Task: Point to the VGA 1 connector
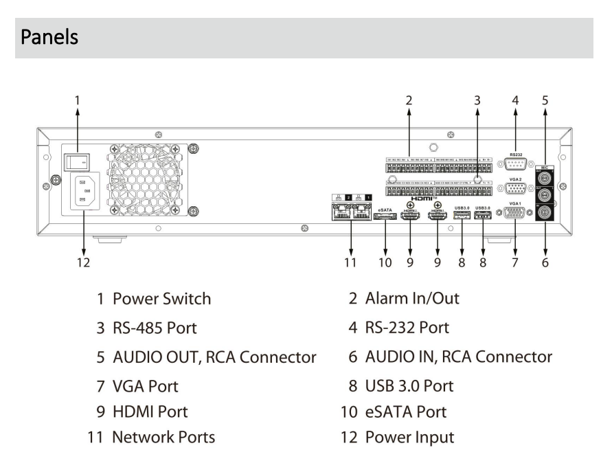coord(515,214)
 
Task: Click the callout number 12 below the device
coord(83,261)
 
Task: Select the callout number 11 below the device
coord(351,261)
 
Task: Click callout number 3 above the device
coord(477,100)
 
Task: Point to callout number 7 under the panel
coord(514,261)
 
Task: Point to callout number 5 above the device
coord(545,100)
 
